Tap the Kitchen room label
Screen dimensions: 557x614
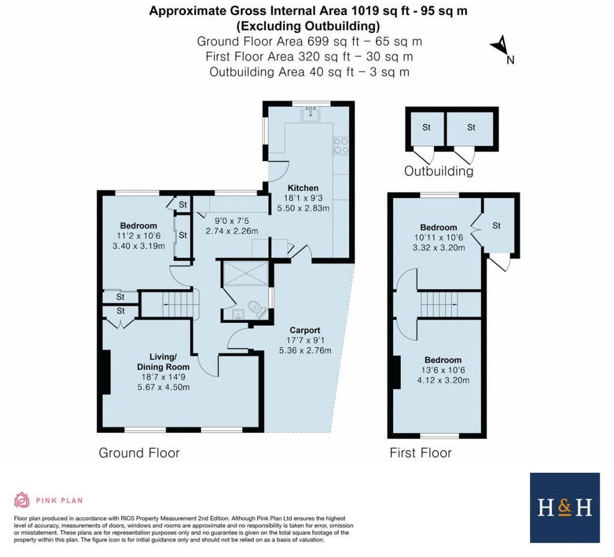coord(303,188)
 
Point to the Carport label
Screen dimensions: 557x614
coord(305,330)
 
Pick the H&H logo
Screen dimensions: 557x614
coord(564,508)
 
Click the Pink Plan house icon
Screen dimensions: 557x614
coord(22,500)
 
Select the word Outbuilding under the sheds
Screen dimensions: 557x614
coord(438,171)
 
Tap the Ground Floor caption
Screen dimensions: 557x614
coord(139,453)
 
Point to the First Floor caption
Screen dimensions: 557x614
coord(420,453)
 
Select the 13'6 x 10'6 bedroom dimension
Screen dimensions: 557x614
coord(444,370)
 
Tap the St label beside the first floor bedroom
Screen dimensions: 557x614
coord(496,226)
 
